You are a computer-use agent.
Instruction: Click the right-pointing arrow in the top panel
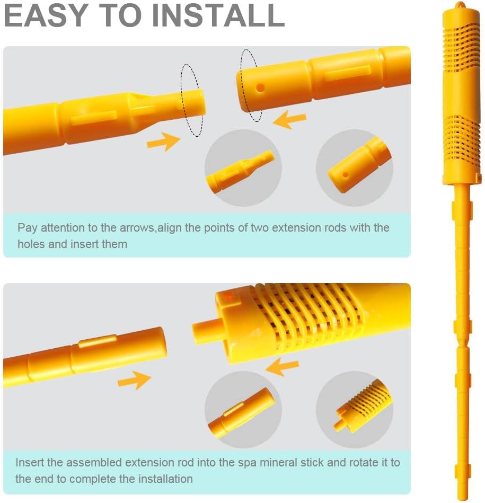click(x=163, y=142)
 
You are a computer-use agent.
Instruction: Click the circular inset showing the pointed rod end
click(x=243, y=168)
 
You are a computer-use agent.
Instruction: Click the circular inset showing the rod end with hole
click(x=355, y=168)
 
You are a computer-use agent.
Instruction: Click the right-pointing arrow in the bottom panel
click(x=134, y=380)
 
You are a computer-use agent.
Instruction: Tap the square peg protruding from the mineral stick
click(x=204, y=331)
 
